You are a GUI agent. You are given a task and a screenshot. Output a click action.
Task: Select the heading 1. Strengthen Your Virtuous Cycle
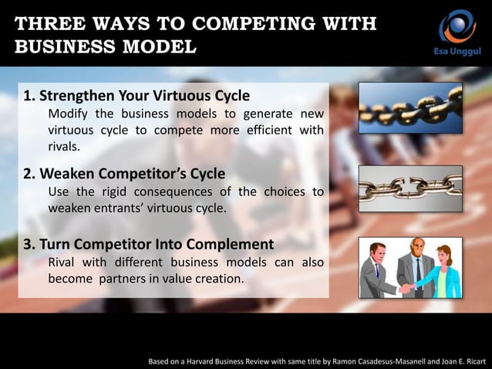tap(136, 96)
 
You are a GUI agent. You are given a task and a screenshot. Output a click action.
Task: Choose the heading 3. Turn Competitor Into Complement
tap(148, 245)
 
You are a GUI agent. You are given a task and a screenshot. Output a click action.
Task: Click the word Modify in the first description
tap(69, 114)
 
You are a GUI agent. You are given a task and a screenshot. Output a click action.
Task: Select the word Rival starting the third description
tap(64, 262)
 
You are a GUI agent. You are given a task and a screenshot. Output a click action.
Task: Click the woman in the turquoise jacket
tap(446, 270)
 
